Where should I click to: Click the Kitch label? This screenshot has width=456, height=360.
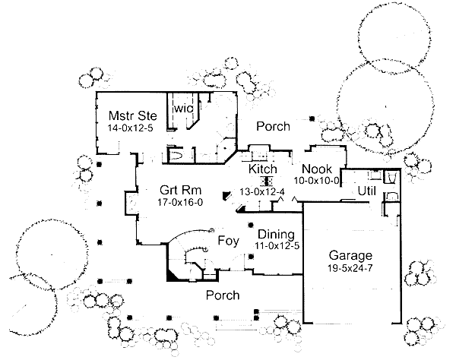click(x=263, y=169)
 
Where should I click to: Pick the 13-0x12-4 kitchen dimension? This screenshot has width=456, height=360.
click(x=261, y=192)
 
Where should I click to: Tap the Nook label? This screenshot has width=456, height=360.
click(x=315, y=169)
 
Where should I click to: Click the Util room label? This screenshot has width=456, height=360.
click(x=367, y=192)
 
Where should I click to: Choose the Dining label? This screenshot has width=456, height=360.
click(x=274, y=234)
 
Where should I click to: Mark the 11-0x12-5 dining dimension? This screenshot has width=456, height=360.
click(x=277, y=246)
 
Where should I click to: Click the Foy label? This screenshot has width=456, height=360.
click(x=228, y=242)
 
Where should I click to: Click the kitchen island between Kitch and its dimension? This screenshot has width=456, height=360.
click(x=266, y=181)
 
